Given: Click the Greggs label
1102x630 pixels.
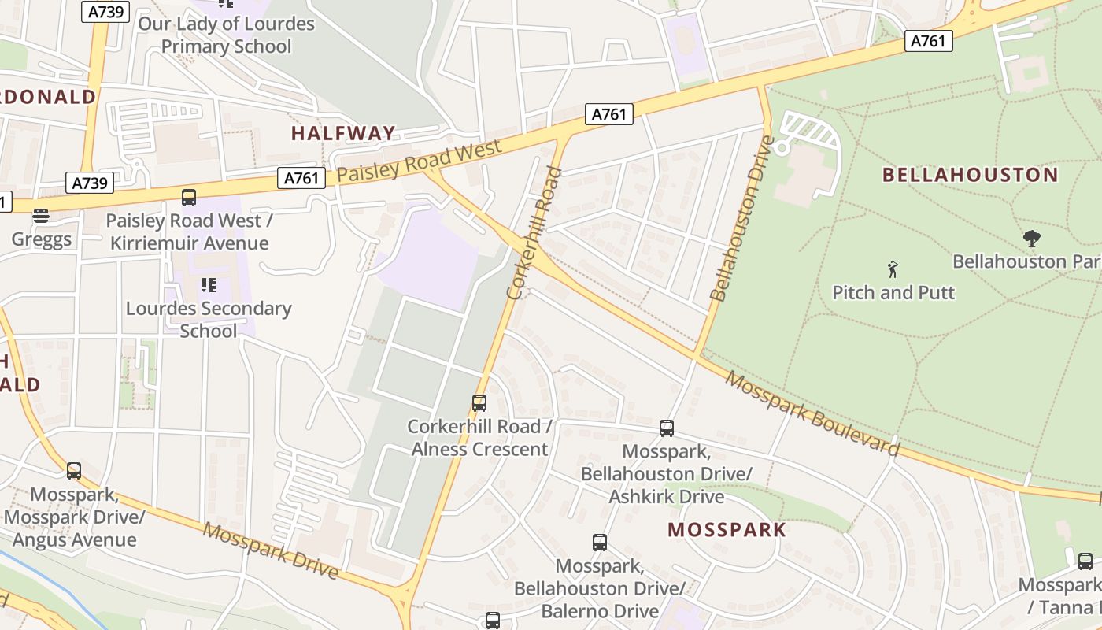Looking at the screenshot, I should pos(42,239).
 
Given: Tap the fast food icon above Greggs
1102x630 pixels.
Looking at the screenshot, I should pos(41,216).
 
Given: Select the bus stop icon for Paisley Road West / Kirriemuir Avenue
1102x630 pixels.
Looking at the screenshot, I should pos(189,198).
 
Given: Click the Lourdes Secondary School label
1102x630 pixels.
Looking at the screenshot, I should pos(209,319).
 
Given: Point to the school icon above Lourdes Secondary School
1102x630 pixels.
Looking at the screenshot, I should pos(209,284).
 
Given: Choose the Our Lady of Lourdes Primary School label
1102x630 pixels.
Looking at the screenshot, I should pos(226,35).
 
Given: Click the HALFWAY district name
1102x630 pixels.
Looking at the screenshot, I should pos(343,133).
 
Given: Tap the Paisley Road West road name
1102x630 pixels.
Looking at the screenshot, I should pos(419,163).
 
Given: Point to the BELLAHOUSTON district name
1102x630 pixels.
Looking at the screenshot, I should pos(970,175).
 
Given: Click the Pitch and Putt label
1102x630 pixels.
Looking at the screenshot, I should pos(893,292).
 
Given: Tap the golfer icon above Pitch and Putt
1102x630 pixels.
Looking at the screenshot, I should pos(893,270).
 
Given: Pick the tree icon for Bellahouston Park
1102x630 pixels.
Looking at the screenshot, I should pos(1031,239).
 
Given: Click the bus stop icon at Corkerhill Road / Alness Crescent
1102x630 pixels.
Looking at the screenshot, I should pos(479,403).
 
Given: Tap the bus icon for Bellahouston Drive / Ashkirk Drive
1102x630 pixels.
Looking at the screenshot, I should pos(667,428).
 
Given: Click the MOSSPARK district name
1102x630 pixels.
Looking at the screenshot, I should pos(727,529).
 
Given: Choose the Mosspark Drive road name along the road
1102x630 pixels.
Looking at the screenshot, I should pos(271,550).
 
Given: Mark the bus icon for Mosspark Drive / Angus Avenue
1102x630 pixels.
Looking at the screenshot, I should pos(74,471).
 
